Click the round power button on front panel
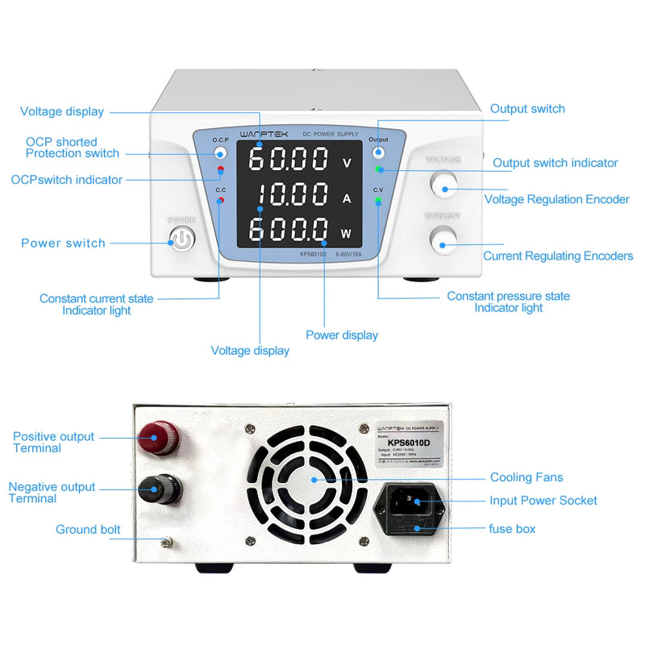tap(182, 239)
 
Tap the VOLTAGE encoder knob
tap(443, 185)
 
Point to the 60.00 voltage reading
tap(288, 159)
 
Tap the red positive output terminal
tap(160, 439)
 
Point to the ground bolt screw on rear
tap(168, 543)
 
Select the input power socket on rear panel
tap(410, 503)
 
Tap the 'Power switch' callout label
tap(63, 243)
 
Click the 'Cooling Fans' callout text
tap(526, 477)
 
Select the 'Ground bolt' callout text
tap(88, 530)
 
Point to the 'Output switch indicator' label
tap(556, 163)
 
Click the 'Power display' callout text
tap(342, 335)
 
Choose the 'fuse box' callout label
tap(512, 529)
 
